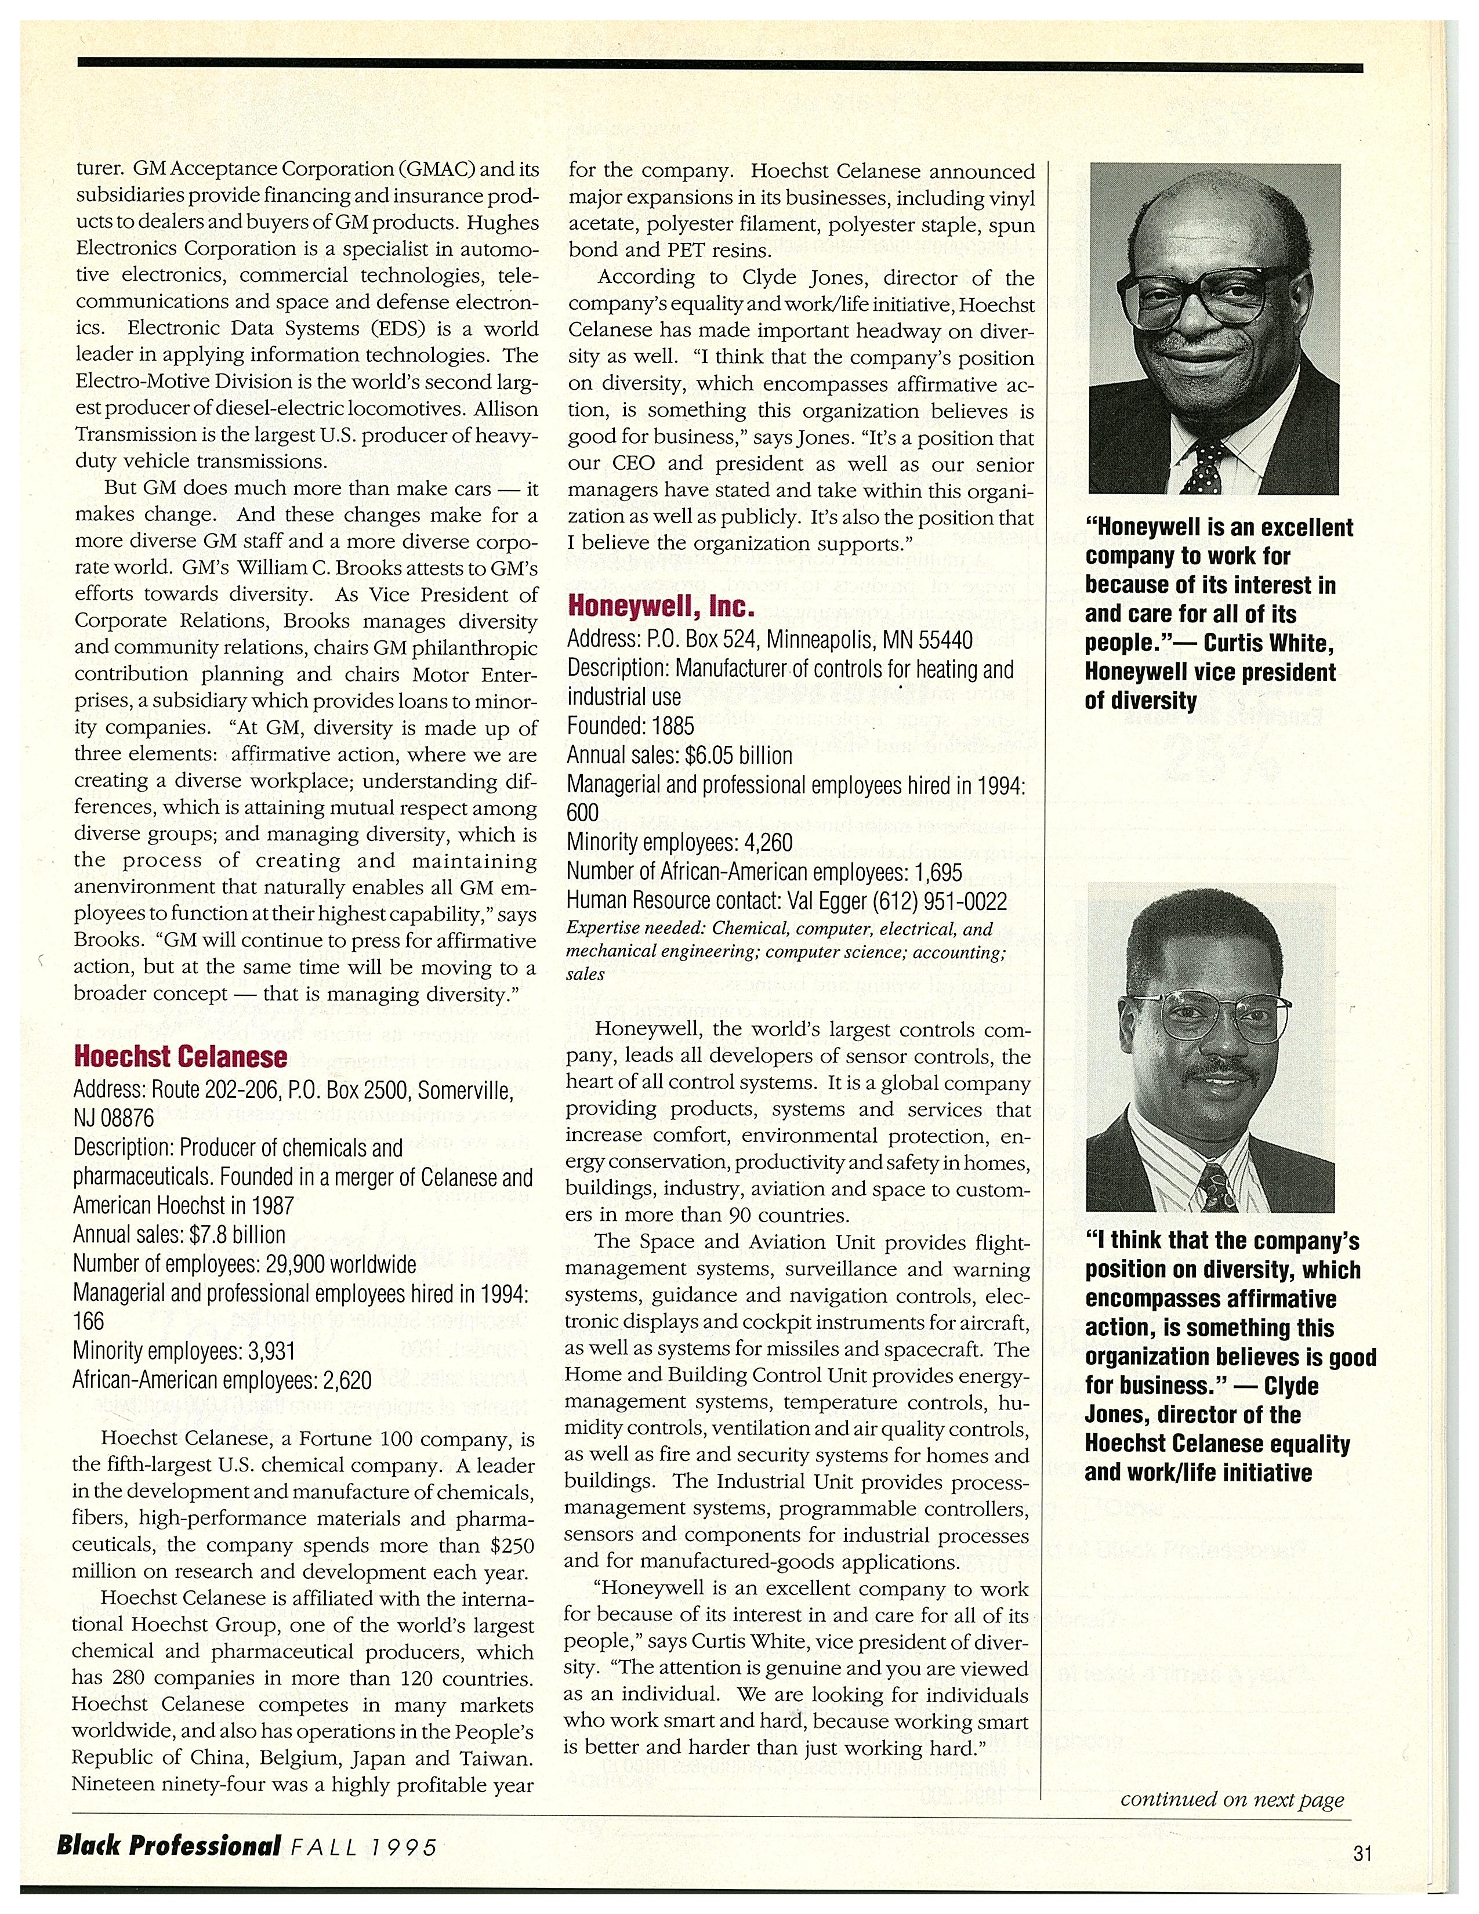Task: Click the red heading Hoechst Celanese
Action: point(180,1057)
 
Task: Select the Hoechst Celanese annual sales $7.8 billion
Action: point(237,1235)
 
